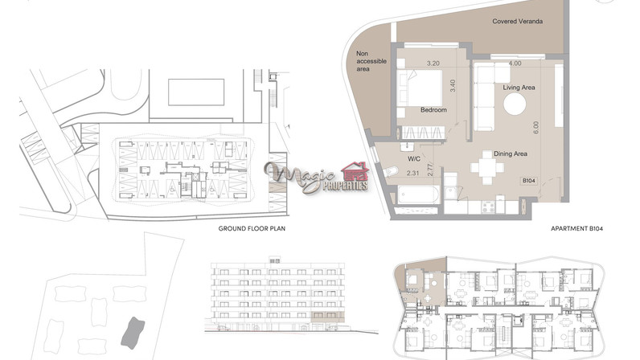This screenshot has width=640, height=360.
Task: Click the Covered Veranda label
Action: (x=517, y=21)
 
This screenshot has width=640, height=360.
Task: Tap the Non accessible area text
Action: (x=371, y=61)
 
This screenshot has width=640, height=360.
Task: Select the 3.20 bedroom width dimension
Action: (x=433, y=63)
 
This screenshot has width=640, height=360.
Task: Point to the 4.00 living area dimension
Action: (x=515, y=63)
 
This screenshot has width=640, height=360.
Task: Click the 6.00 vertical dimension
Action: (x=536, y=127)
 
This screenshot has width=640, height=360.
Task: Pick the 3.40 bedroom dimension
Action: (x=453, y=86)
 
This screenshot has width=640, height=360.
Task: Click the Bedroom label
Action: (x=433, y=110)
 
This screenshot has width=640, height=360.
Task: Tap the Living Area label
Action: (x=519, y=88)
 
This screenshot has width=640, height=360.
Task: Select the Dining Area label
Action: (x=511, y=153)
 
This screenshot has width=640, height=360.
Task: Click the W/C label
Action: (x=414, y=159)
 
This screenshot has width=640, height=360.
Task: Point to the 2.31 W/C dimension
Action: (x=412, y=173)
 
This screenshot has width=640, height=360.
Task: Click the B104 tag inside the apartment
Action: (x=529, y=181)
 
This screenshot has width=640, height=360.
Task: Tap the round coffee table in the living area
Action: (x=515, y=104)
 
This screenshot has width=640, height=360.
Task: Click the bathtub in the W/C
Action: (x=418, y=195)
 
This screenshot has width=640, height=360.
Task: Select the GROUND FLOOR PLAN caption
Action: (x=252, y=228)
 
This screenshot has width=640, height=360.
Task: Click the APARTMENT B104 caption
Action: (x=576, y=228)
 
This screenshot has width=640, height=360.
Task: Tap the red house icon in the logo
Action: (x=355, y=171)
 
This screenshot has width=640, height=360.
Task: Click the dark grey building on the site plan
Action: (x=133, y=333)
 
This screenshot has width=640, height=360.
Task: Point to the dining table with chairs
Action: (x=487, y=168)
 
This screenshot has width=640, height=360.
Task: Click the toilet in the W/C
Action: (x=391, y=171)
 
